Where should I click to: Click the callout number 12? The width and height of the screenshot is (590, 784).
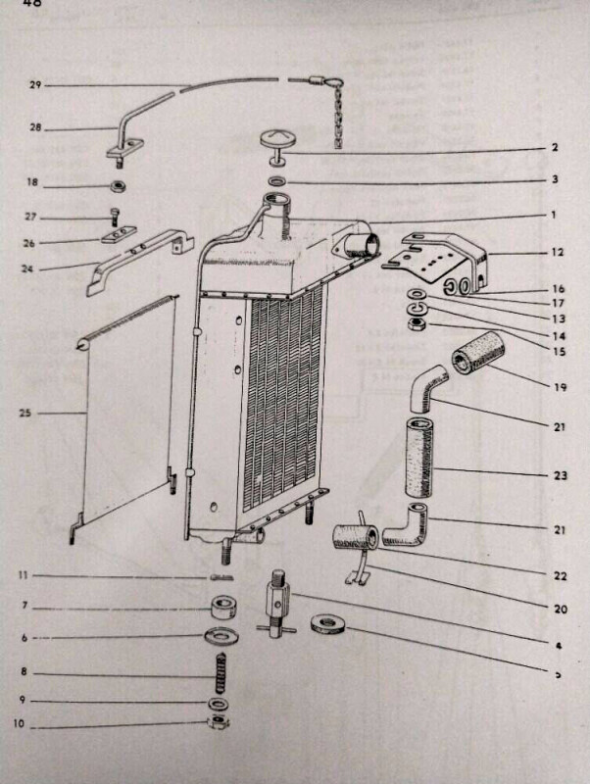tap(558, 253)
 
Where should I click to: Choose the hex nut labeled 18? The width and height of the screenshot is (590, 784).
tap(118, 185)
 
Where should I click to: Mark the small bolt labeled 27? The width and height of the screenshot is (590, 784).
tap(115, 214)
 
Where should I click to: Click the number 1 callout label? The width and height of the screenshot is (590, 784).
tap(553, 215)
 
